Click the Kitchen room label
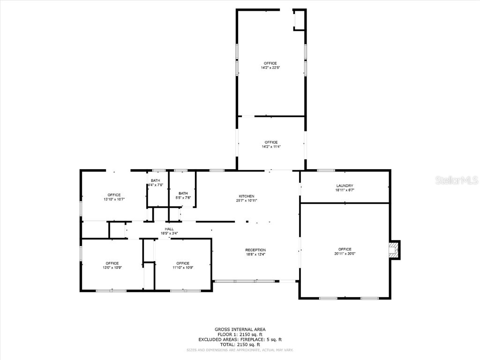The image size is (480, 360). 247,196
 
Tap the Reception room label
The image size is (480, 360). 255,250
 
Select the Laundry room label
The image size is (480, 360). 345,186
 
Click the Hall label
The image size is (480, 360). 169,229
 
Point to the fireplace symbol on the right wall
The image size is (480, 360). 395,250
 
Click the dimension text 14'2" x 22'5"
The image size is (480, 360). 270,68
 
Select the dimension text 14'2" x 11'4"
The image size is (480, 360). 271,147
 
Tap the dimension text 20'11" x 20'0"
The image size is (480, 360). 345,254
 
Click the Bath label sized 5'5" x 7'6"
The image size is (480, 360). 183,193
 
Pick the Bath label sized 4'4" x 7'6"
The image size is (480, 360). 155,180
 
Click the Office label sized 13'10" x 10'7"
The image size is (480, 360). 114,195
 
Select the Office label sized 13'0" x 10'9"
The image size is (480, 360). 112,263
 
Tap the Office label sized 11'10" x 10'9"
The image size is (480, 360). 183,263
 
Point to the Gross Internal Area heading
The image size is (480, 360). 240,330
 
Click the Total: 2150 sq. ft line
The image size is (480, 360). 240,344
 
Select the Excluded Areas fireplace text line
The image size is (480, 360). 240,339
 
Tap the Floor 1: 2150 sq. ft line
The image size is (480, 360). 240,334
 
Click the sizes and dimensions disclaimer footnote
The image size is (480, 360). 240,350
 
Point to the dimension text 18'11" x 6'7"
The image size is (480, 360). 345,190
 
